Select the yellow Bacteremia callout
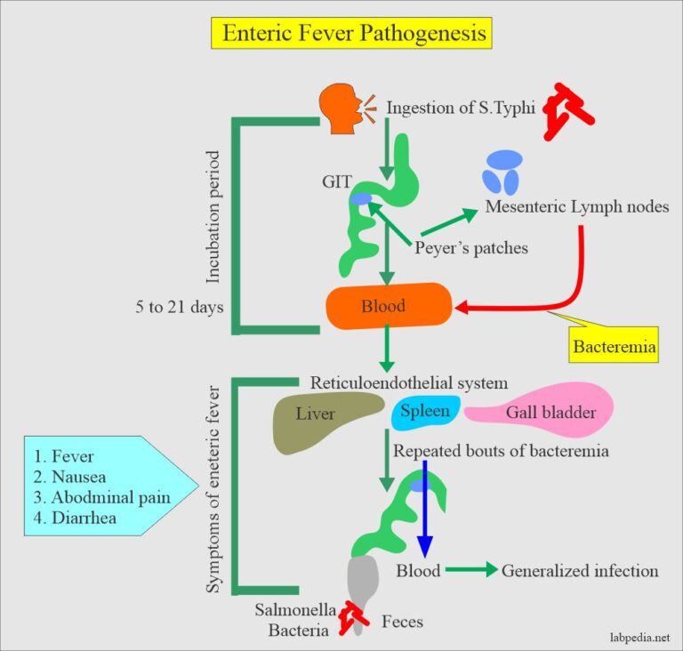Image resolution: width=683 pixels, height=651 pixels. pyautogui.click(x=615, y=347)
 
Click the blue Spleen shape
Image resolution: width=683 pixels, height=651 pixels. pyautogui.click(x=426, y=412)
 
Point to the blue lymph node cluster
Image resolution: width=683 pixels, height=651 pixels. pyautogui.click(x=502, y=172)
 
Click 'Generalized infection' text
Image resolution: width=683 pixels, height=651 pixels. pyautogui.click(x=580, y=571)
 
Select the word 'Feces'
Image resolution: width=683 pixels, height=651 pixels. pyautogui.click(x=402, y=622)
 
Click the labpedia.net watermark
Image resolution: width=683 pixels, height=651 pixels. pyautogui.click(x=633, y=637)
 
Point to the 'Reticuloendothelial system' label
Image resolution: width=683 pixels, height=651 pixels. pyautogui.click(x=408, y=383)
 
